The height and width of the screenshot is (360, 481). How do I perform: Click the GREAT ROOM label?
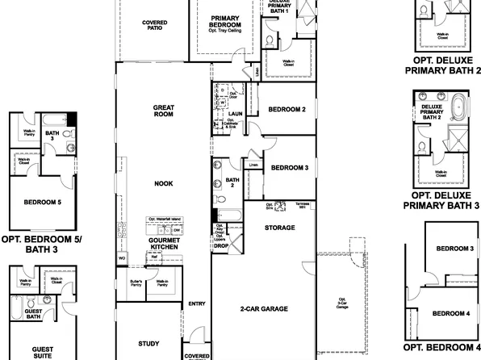pyautogui.click(x=164, y=111)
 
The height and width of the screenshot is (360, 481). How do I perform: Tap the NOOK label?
pyautogui.click(x=164, y=183)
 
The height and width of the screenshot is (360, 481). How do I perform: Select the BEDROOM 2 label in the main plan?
pyautogui.click(x=287, y=109)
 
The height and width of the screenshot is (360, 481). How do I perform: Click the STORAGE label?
pyautogui.click(x=278, y=228)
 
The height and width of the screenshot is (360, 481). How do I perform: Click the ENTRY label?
pyautogui.click(x=197, y=304)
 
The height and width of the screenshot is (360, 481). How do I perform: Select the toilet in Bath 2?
pyautogui.click(x=220, y=197)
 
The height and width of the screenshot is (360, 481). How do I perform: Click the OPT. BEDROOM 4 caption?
pyautogui.click(x=441, y=347)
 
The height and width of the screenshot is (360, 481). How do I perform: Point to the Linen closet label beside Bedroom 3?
pyautogui.click(x=253, y=165)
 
